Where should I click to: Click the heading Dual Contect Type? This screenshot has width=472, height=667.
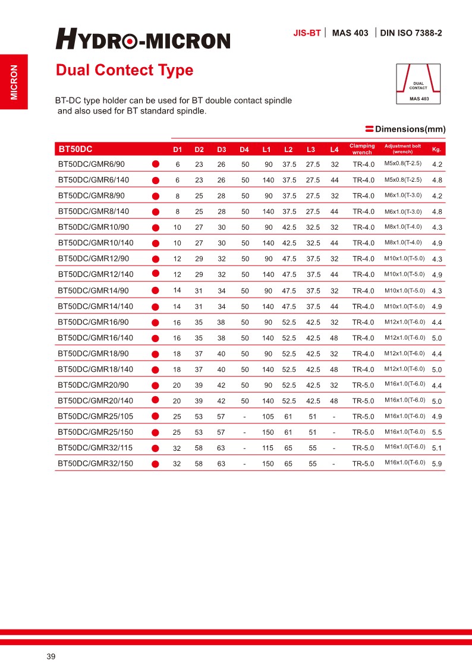tap(124, 70)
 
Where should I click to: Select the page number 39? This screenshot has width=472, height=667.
tap(51, 656)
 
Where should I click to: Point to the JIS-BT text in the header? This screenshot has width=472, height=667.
tap(307, 33)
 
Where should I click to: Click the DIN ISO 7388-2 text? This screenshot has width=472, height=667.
tap(411, 33)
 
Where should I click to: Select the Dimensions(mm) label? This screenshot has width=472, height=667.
tap(410, 129)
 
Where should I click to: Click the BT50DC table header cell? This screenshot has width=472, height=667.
tap(75, 148)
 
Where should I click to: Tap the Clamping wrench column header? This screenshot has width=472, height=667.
tap(362, 149)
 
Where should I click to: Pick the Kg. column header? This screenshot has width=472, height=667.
tap(436, 149)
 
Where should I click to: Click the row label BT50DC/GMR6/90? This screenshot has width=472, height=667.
tap(91, 164)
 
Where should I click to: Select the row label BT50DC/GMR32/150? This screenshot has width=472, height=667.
tap(95, 463)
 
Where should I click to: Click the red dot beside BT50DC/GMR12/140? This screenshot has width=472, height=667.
tap(156, 274)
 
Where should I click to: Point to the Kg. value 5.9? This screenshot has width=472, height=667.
tap(437, 464)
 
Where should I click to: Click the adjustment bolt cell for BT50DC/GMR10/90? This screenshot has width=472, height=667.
tap(403, 227)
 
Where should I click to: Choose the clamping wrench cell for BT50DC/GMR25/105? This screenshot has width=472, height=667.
tap(363, 416)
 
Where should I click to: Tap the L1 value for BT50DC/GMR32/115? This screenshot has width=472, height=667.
tap(268, 448)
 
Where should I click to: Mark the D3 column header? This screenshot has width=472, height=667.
tap(221, 149)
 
